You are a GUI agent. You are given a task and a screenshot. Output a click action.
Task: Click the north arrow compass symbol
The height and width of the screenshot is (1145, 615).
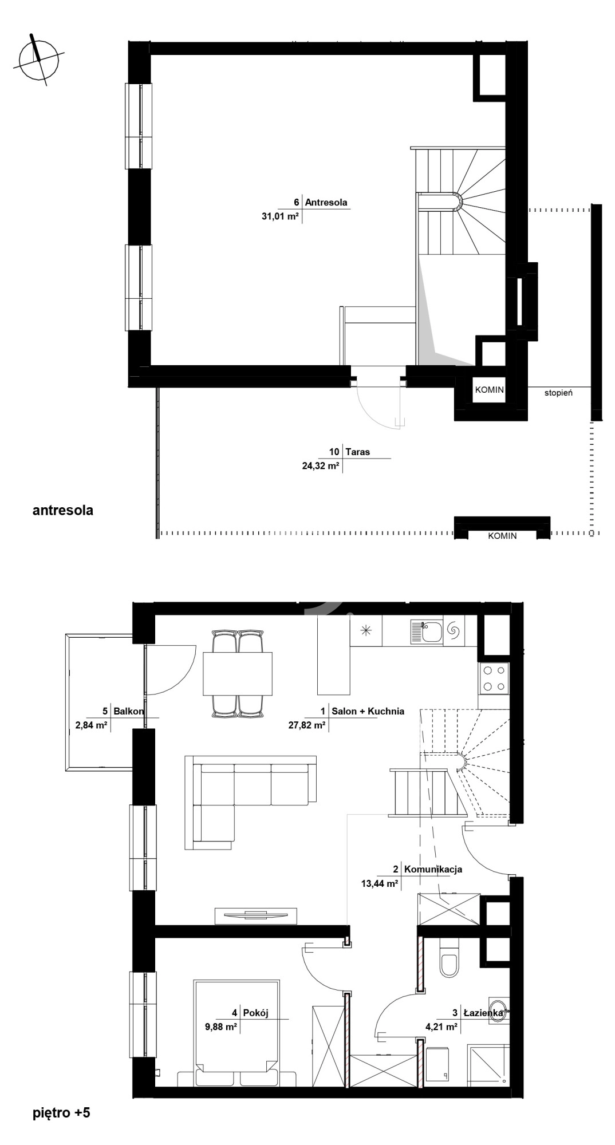[38, 58]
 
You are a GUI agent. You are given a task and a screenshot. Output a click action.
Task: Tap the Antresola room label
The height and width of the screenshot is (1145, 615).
[326, 202]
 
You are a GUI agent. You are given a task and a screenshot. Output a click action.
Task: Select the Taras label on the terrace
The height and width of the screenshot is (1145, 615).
[357, 452]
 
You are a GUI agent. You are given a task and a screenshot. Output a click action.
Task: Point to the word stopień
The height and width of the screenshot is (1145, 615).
[558, 393]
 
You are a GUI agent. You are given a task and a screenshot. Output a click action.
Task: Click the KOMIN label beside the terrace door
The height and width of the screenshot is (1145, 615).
[490, 390]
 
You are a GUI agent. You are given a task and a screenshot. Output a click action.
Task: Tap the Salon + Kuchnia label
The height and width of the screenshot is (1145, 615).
[368, 711]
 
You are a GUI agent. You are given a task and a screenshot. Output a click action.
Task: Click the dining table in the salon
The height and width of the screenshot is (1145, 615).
[238, 673]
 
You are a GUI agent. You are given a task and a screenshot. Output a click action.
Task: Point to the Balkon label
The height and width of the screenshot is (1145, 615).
[128, 711]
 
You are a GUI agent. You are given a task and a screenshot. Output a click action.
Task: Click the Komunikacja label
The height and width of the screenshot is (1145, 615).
[433, 869]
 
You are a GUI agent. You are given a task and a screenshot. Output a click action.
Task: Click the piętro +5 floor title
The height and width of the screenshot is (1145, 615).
[61, 1113]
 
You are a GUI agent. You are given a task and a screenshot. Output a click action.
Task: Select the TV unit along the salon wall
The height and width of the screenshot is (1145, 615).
[256, 915]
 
